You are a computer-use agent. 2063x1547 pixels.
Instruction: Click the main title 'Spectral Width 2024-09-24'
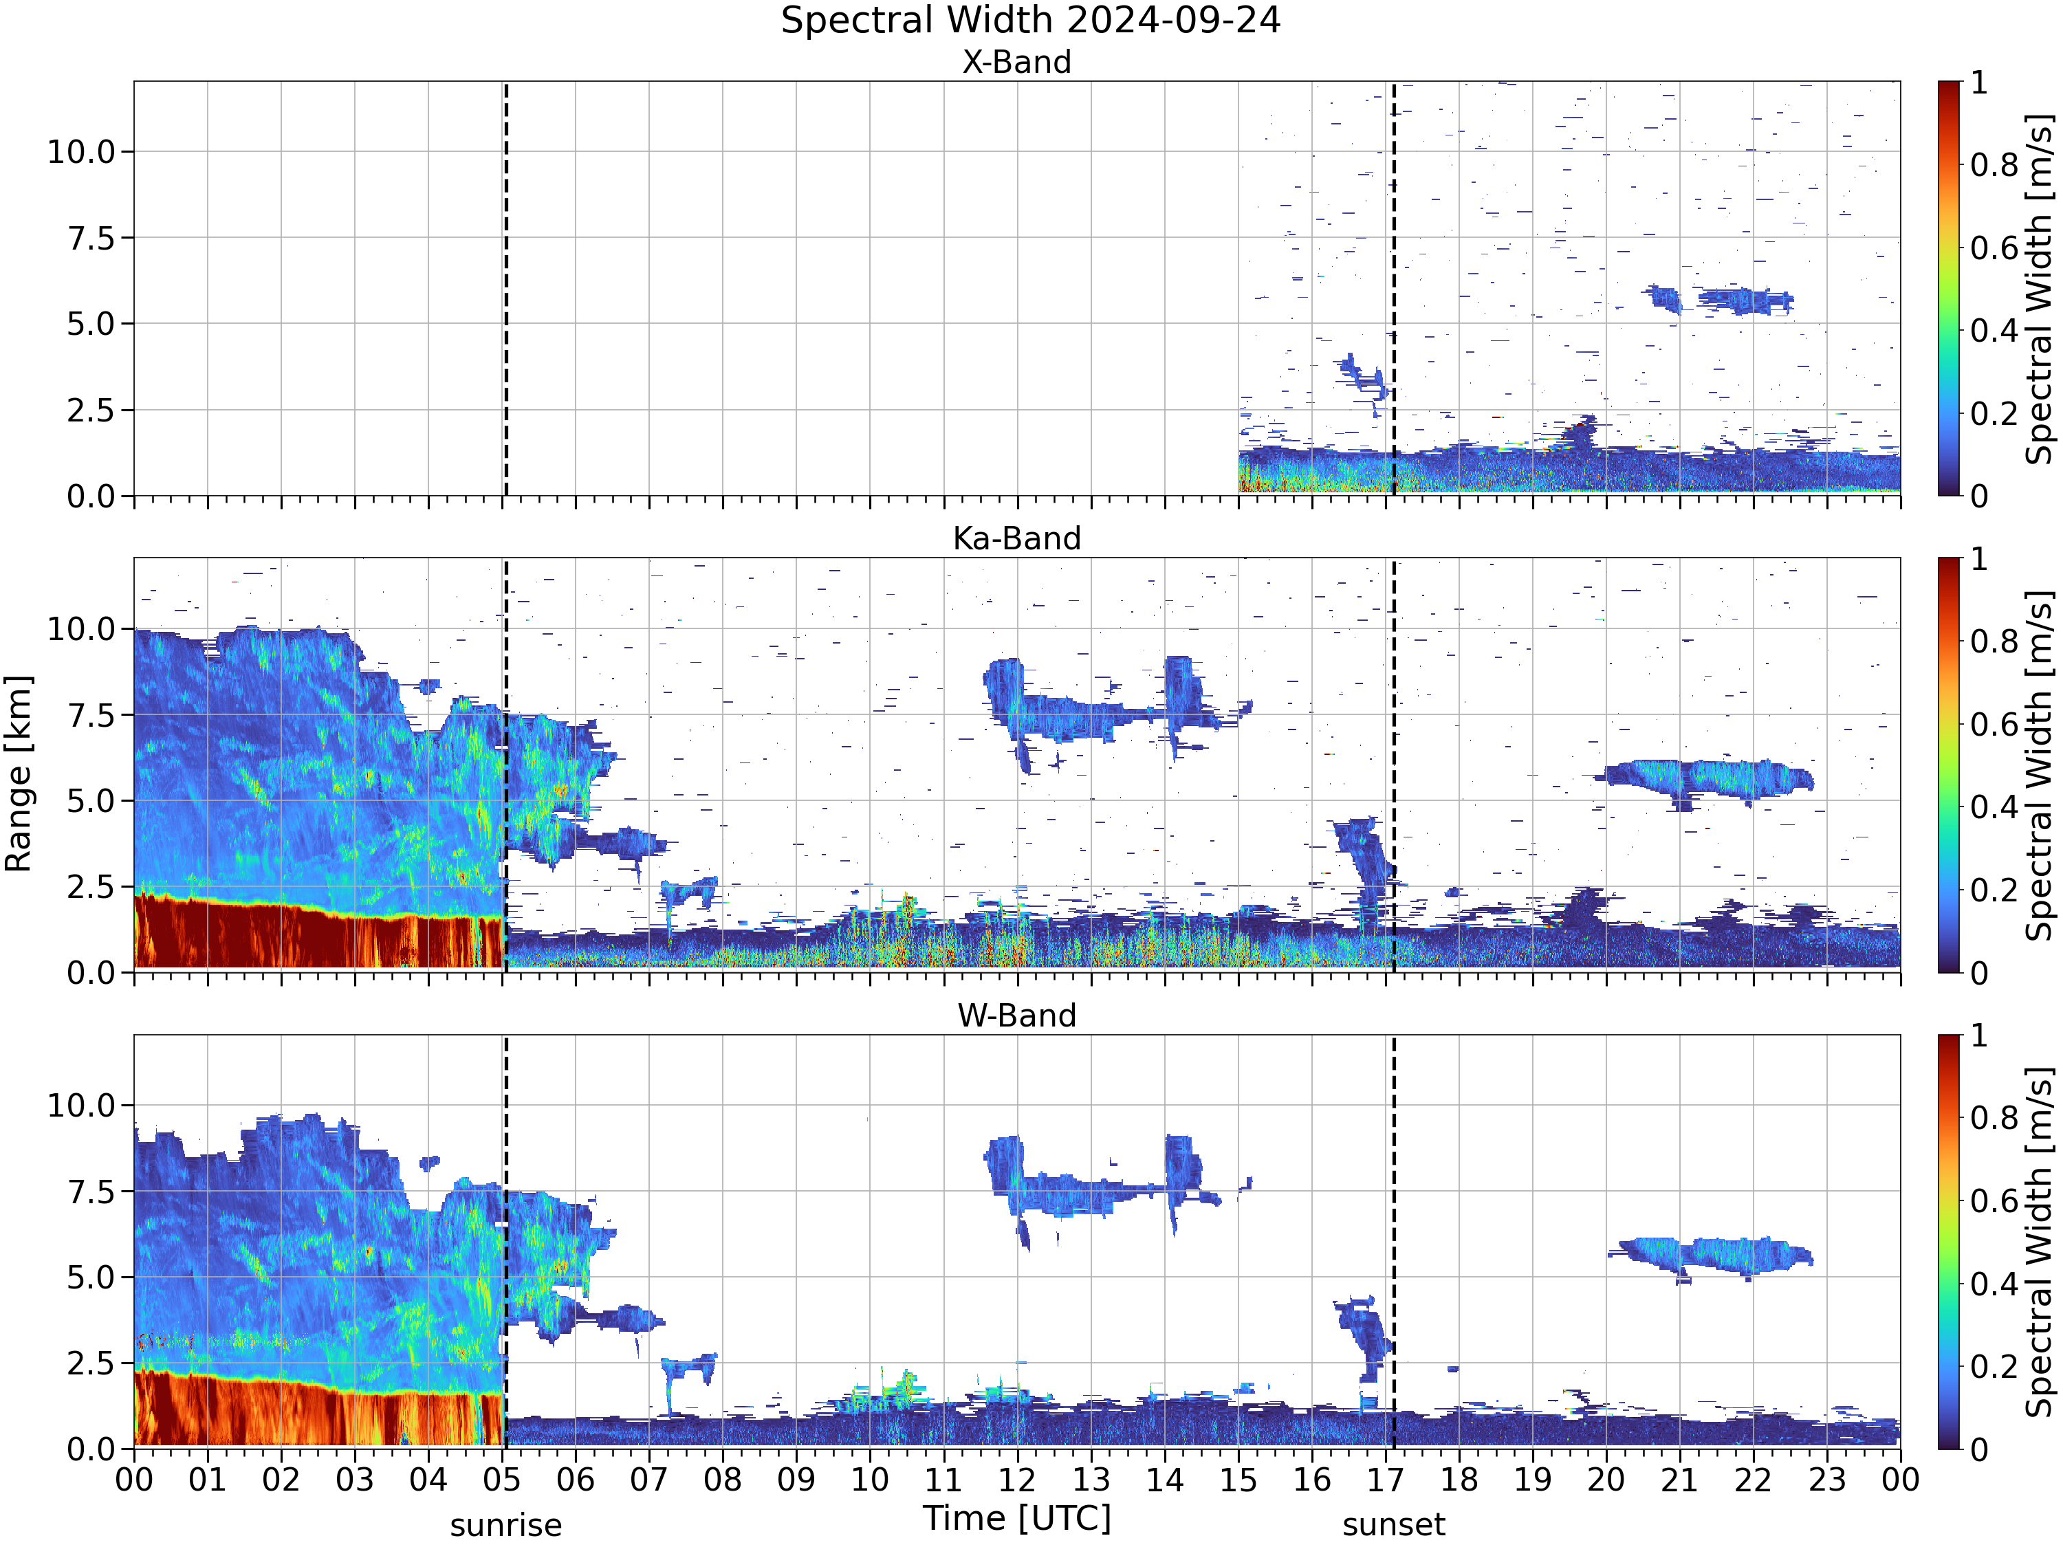[1031, 21]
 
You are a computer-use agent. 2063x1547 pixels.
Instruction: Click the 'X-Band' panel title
[1016, 63]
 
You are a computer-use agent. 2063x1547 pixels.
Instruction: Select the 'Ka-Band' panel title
[1016, 539]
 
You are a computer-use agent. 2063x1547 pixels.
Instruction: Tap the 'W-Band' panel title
[1016, 1016]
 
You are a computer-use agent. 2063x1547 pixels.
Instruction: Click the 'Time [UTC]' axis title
[1016, 1519]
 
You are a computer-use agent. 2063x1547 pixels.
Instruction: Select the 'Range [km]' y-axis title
[19, 774]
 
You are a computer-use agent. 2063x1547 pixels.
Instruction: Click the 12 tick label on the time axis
[1016, 1480]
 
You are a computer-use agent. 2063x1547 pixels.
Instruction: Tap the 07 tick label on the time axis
[649, 1480]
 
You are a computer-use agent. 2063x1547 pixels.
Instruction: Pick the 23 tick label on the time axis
[1827, 1480]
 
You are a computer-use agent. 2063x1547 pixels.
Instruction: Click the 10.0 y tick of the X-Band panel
[82, 152]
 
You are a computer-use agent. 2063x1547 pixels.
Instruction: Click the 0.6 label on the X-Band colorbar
[1994, 248]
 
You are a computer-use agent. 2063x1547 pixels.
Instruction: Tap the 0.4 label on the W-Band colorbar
[1994, 1284]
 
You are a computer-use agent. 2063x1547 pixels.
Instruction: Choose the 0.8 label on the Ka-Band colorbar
[1994, 641]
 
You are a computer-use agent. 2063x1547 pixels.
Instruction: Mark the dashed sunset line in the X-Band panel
[1393, 288]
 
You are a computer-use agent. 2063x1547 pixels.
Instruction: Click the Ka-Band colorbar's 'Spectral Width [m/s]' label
[2040, 765]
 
